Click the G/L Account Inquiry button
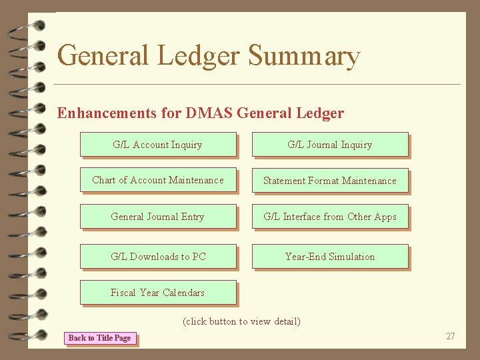tap(158, 145)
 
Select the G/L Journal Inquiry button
tap(329, 145)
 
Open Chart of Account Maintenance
tap(158, 180)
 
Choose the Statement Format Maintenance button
tap(329, 181)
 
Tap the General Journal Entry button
tap(158, 217)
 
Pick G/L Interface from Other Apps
tap(329, 217)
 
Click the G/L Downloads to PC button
tap(158, 257)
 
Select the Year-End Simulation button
tap(329, 257)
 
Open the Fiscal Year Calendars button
tap(158, 293)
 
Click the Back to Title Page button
tap(100, 338)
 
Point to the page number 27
tap(450, 336)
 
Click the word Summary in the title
tap(304, 56)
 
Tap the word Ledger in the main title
tap(199, 56)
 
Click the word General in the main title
tap(103, 56)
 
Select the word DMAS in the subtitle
tap(209, 113)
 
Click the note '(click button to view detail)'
tap(241, 321)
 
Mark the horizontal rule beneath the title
tap(257, 84)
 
